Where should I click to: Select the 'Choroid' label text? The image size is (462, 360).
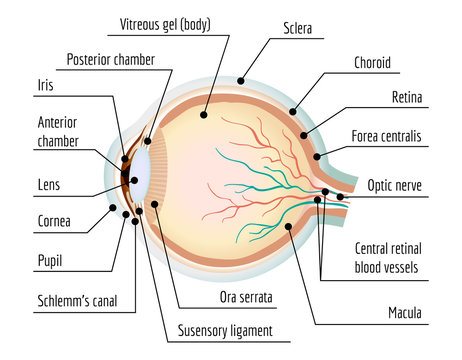click(371, 63)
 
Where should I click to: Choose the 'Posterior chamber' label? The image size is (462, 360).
click(110, 60)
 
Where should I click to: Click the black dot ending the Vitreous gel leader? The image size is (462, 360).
click(205, 116)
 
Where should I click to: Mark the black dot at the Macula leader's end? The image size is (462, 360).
click(288, 227)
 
